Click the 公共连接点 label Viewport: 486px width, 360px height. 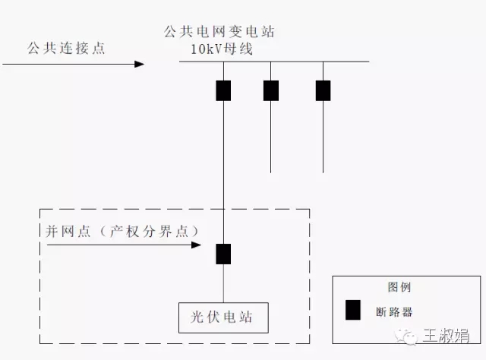coord(66,48)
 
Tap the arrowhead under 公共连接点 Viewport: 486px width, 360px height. coord(139,64)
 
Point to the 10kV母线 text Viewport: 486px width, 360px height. coord(222,49)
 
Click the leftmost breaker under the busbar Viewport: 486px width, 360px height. coord(223,90)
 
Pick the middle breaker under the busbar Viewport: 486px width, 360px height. coord(271,90)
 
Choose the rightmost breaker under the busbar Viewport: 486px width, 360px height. coord(323,90)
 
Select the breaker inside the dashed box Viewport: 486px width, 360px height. coord(223,254)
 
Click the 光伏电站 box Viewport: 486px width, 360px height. coord(223,317)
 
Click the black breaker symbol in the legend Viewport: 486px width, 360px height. coord(353,310)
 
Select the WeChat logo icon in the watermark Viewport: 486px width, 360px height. coord(410,335)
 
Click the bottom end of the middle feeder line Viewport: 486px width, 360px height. coord(271,172)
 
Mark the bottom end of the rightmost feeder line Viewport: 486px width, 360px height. coord(323,172)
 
